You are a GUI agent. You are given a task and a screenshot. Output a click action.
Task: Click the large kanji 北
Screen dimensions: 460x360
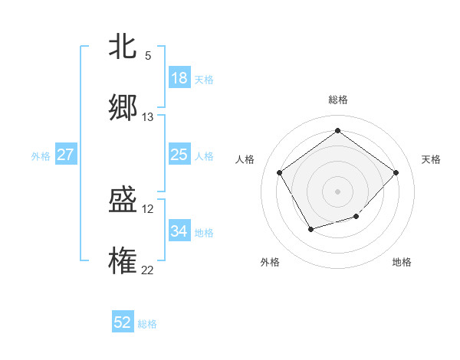[123, 47]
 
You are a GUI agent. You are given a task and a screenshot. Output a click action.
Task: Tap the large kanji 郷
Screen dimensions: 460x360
[123, 108]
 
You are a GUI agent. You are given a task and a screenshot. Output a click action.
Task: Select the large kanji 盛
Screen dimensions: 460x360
[123, 200]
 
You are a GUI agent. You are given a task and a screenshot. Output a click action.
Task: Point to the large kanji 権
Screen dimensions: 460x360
[123, 260]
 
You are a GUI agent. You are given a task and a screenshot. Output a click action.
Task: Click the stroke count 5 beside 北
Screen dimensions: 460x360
[148, 55]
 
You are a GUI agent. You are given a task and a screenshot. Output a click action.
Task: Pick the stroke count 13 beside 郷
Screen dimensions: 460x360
[148, 117]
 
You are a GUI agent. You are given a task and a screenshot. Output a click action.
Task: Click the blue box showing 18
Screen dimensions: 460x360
[179, 78]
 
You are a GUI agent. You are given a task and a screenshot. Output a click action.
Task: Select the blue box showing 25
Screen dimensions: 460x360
[179, 155]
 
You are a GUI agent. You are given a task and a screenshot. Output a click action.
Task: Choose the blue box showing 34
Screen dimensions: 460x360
[179, 231]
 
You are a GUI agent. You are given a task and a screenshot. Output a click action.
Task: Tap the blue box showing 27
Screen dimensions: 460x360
[65, 155]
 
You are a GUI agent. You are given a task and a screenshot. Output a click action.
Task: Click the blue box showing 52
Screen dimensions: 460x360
[123, 322]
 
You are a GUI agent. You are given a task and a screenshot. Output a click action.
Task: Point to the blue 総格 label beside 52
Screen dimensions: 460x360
[147, 324]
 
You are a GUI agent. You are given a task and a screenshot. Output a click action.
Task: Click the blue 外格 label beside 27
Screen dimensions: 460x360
[41, 156]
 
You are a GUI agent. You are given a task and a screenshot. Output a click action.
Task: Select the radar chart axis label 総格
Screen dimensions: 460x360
[337, 100]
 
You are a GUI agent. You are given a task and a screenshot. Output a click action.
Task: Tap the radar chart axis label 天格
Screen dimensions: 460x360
[431, 159]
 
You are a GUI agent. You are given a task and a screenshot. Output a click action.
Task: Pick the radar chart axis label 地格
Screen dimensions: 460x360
[402, 262]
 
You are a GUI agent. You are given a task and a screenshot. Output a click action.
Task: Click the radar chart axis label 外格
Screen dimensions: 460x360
[270, 262]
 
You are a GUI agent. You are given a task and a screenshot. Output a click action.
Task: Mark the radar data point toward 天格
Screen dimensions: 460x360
[396, 172]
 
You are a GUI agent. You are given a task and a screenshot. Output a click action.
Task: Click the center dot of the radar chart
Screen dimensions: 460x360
[337, 191]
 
